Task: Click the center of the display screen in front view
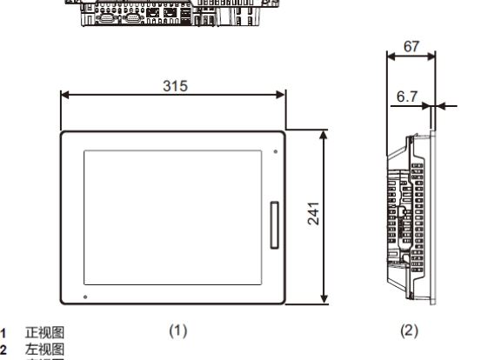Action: point(173,216)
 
